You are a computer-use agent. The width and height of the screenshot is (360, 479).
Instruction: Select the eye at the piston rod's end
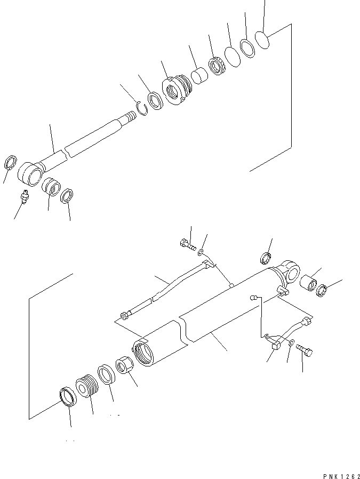coord(29,172)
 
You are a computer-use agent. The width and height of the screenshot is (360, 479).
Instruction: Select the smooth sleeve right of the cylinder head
coord(199,76)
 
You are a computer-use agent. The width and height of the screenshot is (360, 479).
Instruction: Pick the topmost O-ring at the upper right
coord(262,38)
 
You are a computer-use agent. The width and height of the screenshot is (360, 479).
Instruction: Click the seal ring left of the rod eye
coord(11,162)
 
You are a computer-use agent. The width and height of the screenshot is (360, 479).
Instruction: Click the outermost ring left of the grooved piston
coord(67,397)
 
